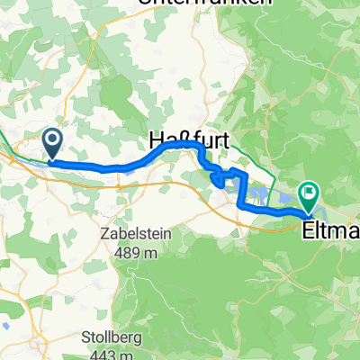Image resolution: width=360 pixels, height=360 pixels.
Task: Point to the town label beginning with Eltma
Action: pos(332,208)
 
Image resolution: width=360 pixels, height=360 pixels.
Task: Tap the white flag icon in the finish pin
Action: pos(310,191)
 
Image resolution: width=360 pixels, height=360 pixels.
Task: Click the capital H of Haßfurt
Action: pos(153,141)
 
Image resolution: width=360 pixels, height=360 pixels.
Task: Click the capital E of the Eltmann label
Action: pos(310,208)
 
